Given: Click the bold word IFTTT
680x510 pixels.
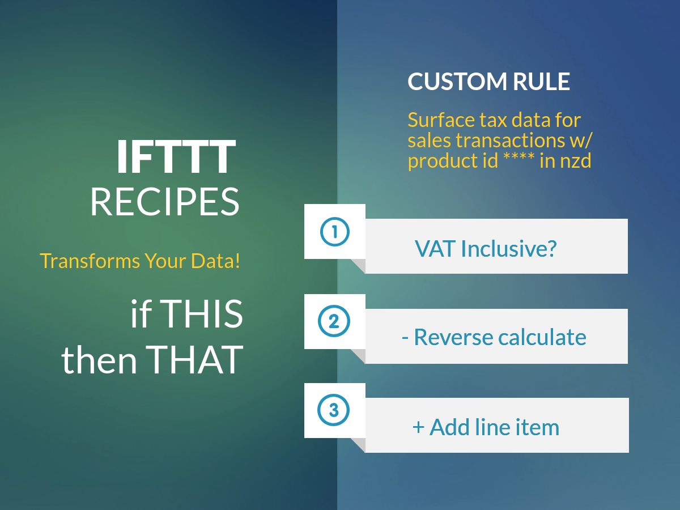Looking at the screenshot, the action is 176,156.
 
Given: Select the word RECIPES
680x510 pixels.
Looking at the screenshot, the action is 165,202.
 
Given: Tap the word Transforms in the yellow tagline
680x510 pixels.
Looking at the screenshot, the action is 90,261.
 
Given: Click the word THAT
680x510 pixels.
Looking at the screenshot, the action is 194,360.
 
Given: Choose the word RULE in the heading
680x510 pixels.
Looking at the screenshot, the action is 542,82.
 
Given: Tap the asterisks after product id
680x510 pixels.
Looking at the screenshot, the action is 519,157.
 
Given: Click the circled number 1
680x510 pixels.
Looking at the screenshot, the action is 334,232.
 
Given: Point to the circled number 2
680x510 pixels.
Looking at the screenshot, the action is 334,321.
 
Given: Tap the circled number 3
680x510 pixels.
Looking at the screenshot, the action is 334,410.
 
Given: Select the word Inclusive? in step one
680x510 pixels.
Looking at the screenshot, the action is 509,248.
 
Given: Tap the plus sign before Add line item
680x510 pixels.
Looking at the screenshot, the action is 418,427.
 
